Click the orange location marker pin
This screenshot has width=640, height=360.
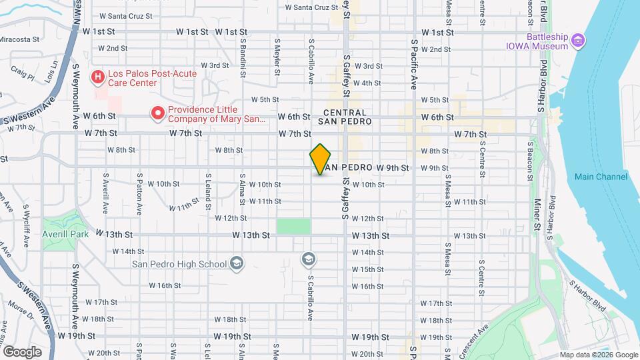321,159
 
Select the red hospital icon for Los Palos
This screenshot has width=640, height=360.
98,78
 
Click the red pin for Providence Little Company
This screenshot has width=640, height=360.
157,114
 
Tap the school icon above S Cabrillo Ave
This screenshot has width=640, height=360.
308,258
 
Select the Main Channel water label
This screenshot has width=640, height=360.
601,177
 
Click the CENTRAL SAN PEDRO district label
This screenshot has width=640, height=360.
345,118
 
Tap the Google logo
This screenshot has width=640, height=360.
22,351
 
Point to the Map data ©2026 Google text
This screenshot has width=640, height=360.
598,355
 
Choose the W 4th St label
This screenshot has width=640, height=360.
367,83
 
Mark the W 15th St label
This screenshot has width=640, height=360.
367,269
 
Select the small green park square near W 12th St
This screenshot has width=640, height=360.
293,225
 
